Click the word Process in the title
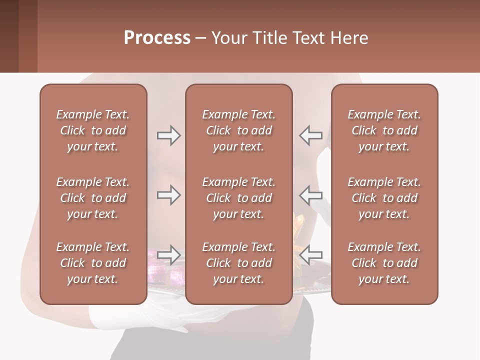[x=157, y=38]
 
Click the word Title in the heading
[x=269, y=38]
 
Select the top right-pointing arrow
[x=168, y=135]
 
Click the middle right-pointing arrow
[x=168, y=195]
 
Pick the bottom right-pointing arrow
[x=168, y=255]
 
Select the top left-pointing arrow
[x=311, y=135]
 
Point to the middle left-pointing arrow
[x=311, y=195]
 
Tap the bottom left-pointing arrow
[x=311, y=255]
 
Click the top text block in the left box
[x=93, y=130]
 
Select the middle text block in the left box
[x=93, y=198]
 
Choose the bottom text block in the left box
[x=93, y=263]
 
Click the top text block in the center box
[x=238, y=130]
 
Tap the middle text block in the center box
[x=238, y=198]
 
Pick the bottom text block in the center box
[x=238, y=263]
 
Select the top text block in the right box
[x=384, y=130]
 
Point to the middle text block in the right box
[x=384, y=198]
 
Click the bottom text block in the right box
[x=384, y=263]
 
